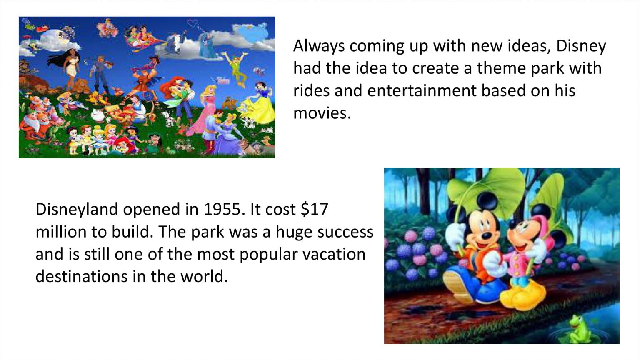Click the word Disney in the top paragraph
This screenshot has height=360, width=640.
[581, 46]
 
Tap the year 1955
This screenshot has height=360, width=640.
[224, 209]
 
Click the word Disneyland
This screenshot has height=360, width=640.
[77, 210]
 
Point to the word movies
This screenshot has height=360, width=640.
[322, 113]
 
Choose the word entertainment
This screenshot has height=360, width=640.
[422, 90]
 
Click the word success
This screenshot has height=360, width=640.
[345, 232]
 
